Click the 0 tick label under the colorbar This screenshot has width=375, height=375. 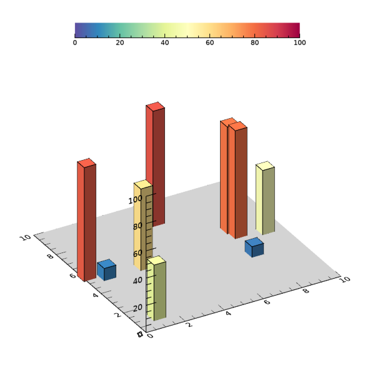(75, 42)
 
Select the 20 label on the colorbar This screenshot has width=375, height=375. (120, 42)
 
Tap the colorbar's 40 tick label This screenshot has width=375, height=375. (165, 42)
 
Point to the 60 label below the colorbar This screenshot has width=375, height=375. (210, 42)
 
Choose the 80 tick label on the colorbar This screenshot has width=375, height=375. (255, 42)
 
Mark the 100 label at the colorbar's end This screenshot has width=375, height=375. (299, 42)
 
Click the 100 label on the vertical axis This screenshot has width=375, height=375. (136, 199)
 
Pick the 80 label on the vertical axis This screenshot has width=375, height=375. (137, 226)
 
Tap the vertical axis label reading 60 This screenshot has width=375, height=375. (137, 253)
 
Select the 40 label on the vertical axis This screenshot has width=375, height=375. (137, 280)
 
